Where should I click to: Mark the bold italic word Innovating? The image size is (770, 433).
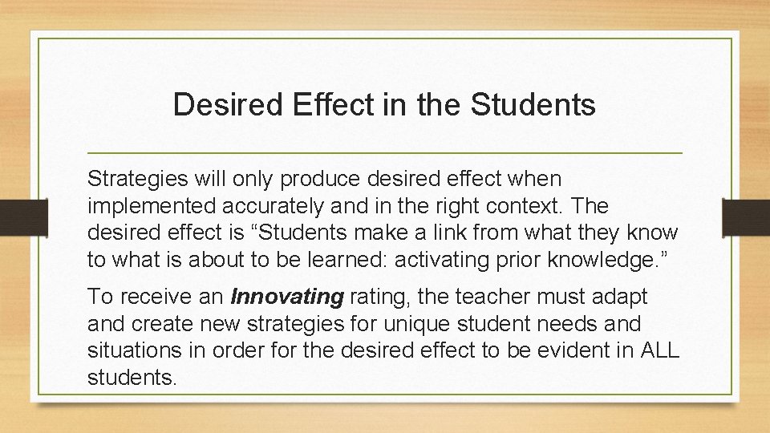286,297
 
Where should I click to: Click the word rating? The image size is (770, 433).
375,297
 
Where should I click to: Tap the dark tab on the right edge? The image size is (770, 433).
745,217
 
